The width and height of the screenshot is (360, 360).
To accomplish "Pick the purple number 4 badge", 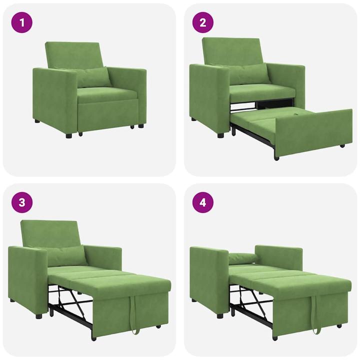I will click(x=203, y=202).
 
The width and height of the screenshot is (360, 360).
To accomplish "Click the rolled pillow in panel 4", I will click(x=242, y=258).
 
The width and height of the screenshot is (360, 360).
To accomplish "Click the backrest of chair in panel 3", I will click(x=50, y=232).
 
